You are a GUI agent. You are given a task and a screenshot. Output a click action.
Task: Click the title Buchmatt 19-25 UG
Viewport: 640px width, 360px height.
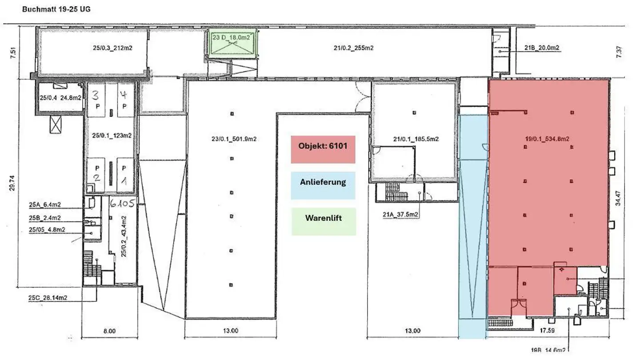[56, 9]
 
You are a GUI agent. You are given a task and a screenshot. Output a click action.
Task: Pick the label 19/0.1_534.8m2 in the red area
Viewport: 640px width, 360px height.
[547, 139]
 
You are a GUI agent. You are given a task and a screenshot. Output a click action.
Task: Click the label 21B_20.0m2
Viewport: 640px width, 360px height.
[542, 48]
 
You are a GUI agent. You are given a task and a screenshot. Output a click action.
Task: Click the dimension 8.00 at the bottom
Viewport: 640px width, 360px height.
[109, 331]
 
